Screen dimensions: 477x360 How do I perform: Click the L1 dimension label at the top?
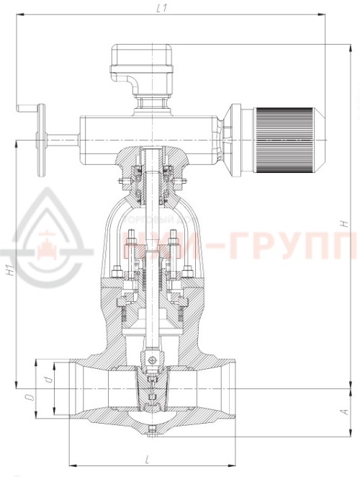coord(162,8)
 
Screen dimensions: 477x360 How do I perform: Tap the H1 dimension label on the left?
coord(9,272)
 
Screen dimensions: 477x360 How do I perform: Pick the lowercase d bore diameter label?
coord(46,378)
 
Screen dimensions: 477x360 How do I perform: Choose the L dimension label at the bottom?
coord(147,459)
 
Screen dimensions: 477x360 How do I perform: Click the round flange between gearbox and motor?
coord(235,141)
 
